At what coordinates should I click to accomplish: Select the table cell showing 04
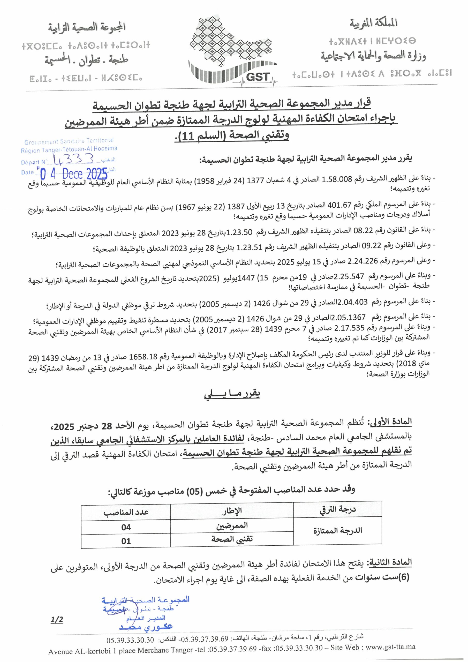(x=126, y=527)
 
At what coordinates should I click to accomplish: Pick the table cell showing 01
(x=126, y=541)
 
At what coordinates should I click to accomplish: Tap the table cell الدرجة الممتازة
(x=338, y=531)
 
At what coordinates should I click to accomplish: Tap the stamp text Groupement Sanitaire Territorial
(x=69, y=141)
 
